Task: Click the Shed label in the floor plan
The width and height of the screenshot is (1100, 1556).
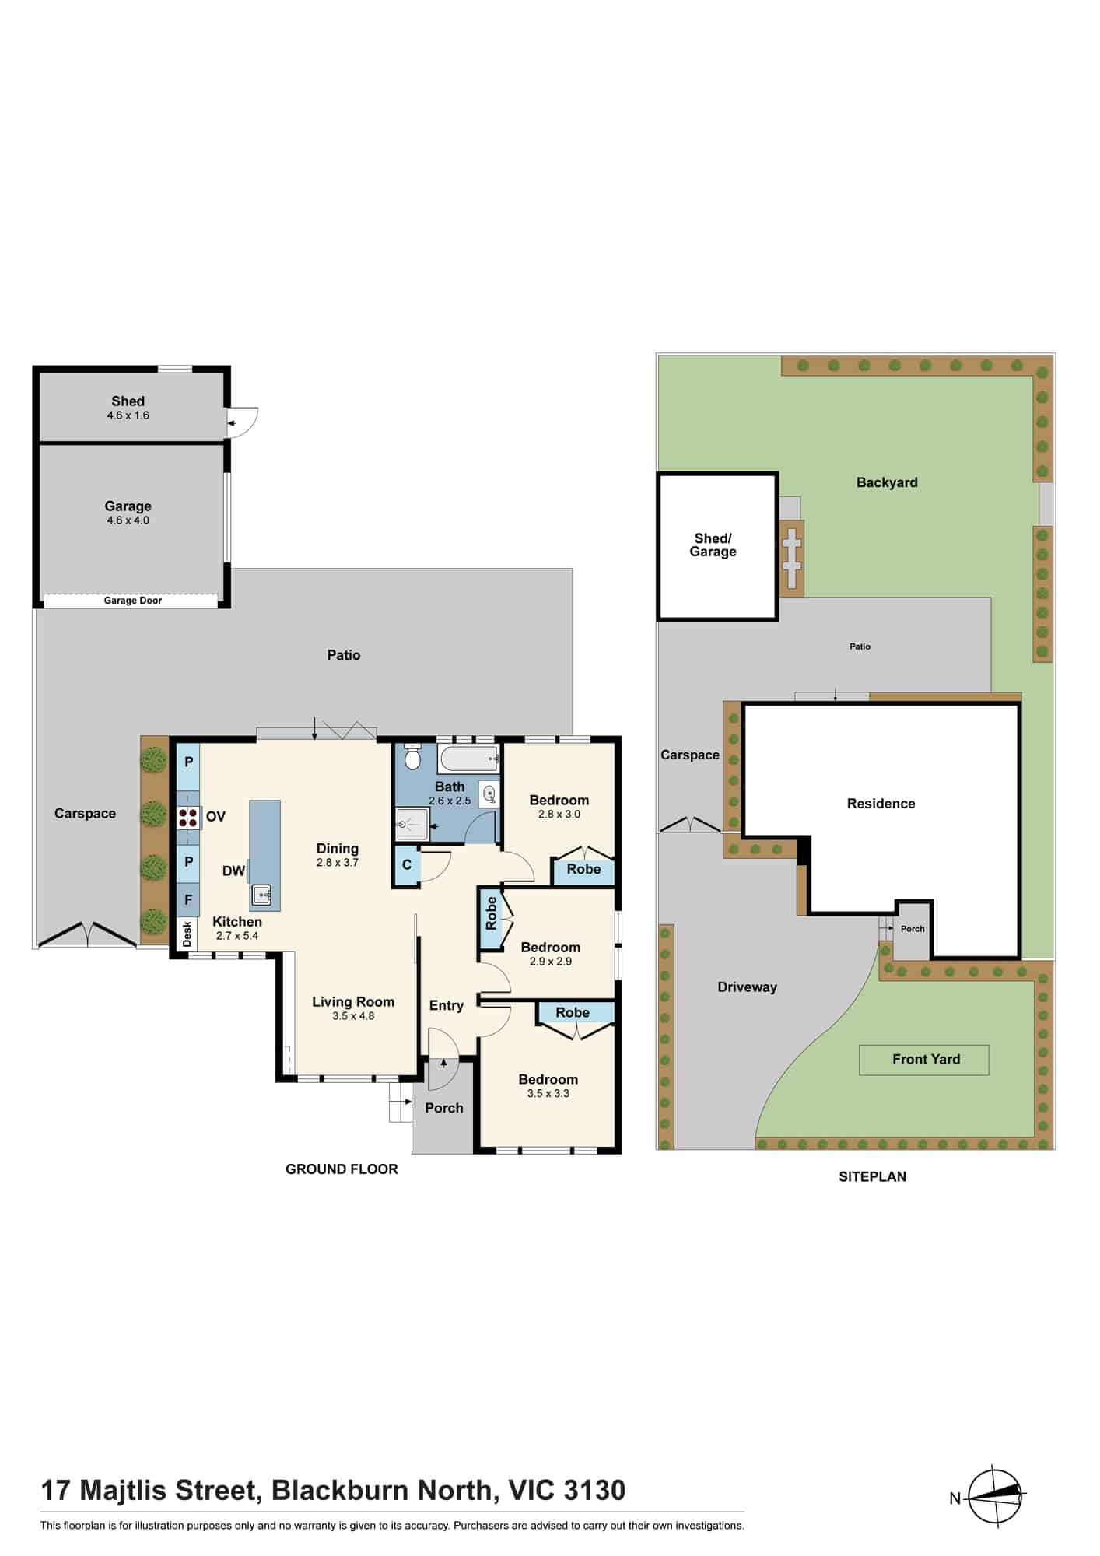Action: pos(128,401)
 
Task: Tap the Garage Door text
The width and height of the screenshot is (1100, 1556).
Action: pos(133,601)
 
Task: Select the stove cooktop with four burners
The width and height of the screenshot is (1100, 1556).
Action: pos(188,817)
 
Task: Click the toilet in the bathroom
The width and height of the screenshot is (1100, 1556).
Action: pos(412,758)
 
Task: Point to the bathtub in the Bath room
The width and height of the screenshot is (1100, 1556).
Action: pos(468,758)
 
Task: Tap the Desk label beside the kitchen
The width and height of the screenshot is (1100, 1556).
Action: pos(187,934)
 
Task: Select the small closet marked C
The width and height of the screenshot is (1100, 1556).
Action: pos(407,866)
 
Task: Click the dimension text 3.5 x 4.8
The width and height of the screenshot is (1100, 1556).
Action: pos(353,1016)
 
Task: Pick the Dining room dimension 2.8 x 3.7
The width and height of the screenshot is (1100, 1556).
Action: pos(337,863)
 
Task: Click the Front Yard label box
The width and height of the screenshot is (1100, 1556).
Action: pos(924,1060)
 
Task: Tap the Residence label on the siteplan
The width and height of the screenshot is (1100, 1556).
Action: pos(881,804)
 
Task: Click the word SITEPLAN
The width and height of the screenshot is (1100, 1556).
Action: pos(872,1177)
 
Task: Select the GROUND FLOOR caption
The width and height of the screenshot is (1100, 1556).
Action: pos(342,1169)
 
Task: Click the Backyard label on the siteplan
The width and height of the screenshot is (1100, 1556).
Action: pos(887,482)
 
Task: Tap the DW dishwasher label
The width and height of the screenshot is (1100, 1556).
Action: pos(233,871)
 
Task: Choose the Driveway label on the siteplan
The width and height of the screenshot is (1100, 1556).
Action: pos(747,987)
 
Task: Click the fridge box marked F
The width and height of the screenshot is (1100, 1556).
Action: pos(188,900)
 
